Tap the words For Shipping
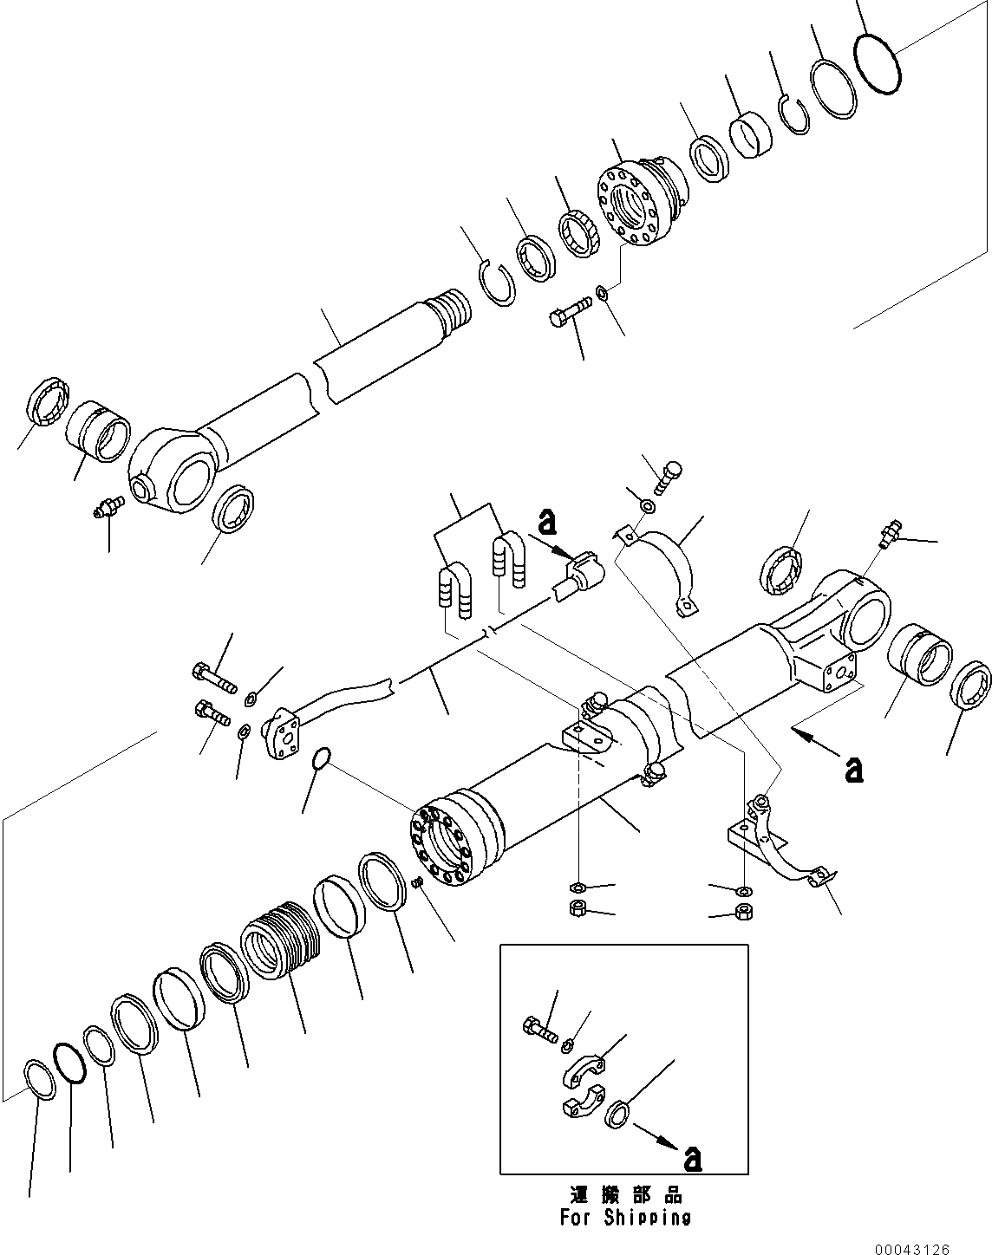tap(623, 1217)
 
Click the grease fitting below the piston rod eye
tap(105, 510)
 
